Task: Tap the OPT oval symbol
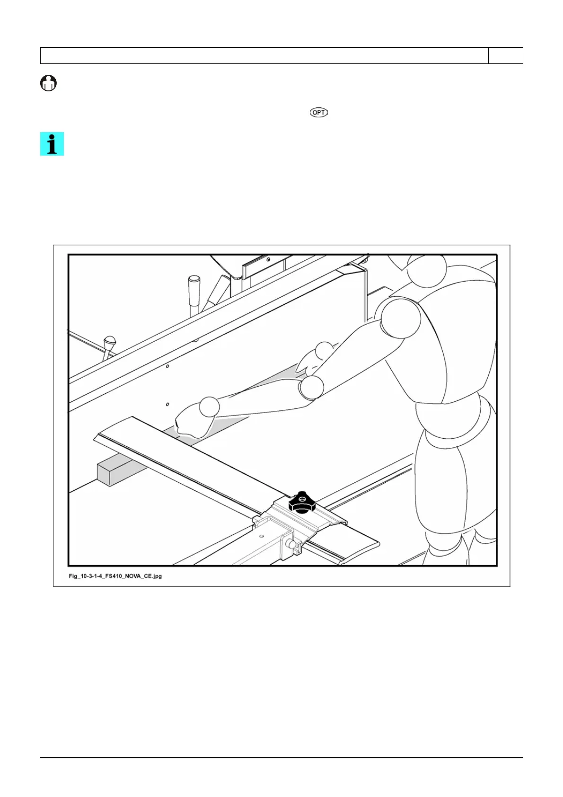pyautogui.click(x=318, y=113)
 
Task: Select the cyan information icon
pyautogui.click(x=52, y=144)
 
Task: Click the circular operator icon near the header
pyautogui.click(x=48, y=84)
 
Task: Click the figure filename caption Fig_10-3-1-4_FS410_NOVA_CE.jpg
pyautogui.click(x=115, y=576)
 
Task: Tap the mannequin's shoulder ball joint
pyautogui.click(x=400, y=318)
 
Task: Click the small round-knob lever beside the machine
pyautogui.click(x=110, y=342)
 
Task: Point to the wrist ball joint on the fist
pyautogui.click(x=209, y=407)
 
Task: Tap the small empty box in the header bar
pyautogui.click(x=505, y=55)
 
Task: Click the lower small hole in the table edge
pyautogui.click(x=168, y=405)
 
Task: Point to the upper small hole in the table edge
pyautogui.click(x=168, y=366)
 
